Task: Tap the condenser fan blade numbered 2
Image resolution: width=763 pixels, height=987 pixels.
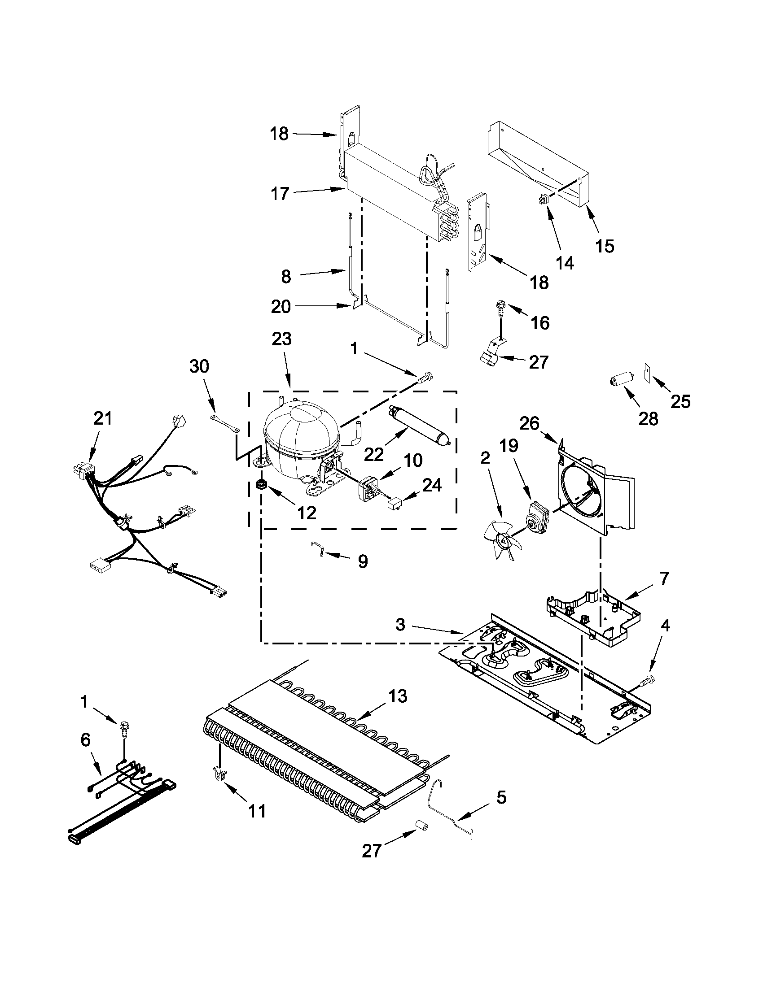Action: click(x=501, y=539)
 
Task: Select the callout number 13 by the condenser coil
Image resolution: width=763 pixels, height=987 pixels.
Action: click(x=397, y=696)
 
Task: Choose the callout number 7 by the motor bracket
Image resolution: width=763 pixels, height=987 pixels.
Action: click(x=663, y=578)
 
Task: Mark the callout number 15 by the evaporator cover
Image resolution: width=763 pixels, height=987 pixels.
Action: click(x=605, y=246)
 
